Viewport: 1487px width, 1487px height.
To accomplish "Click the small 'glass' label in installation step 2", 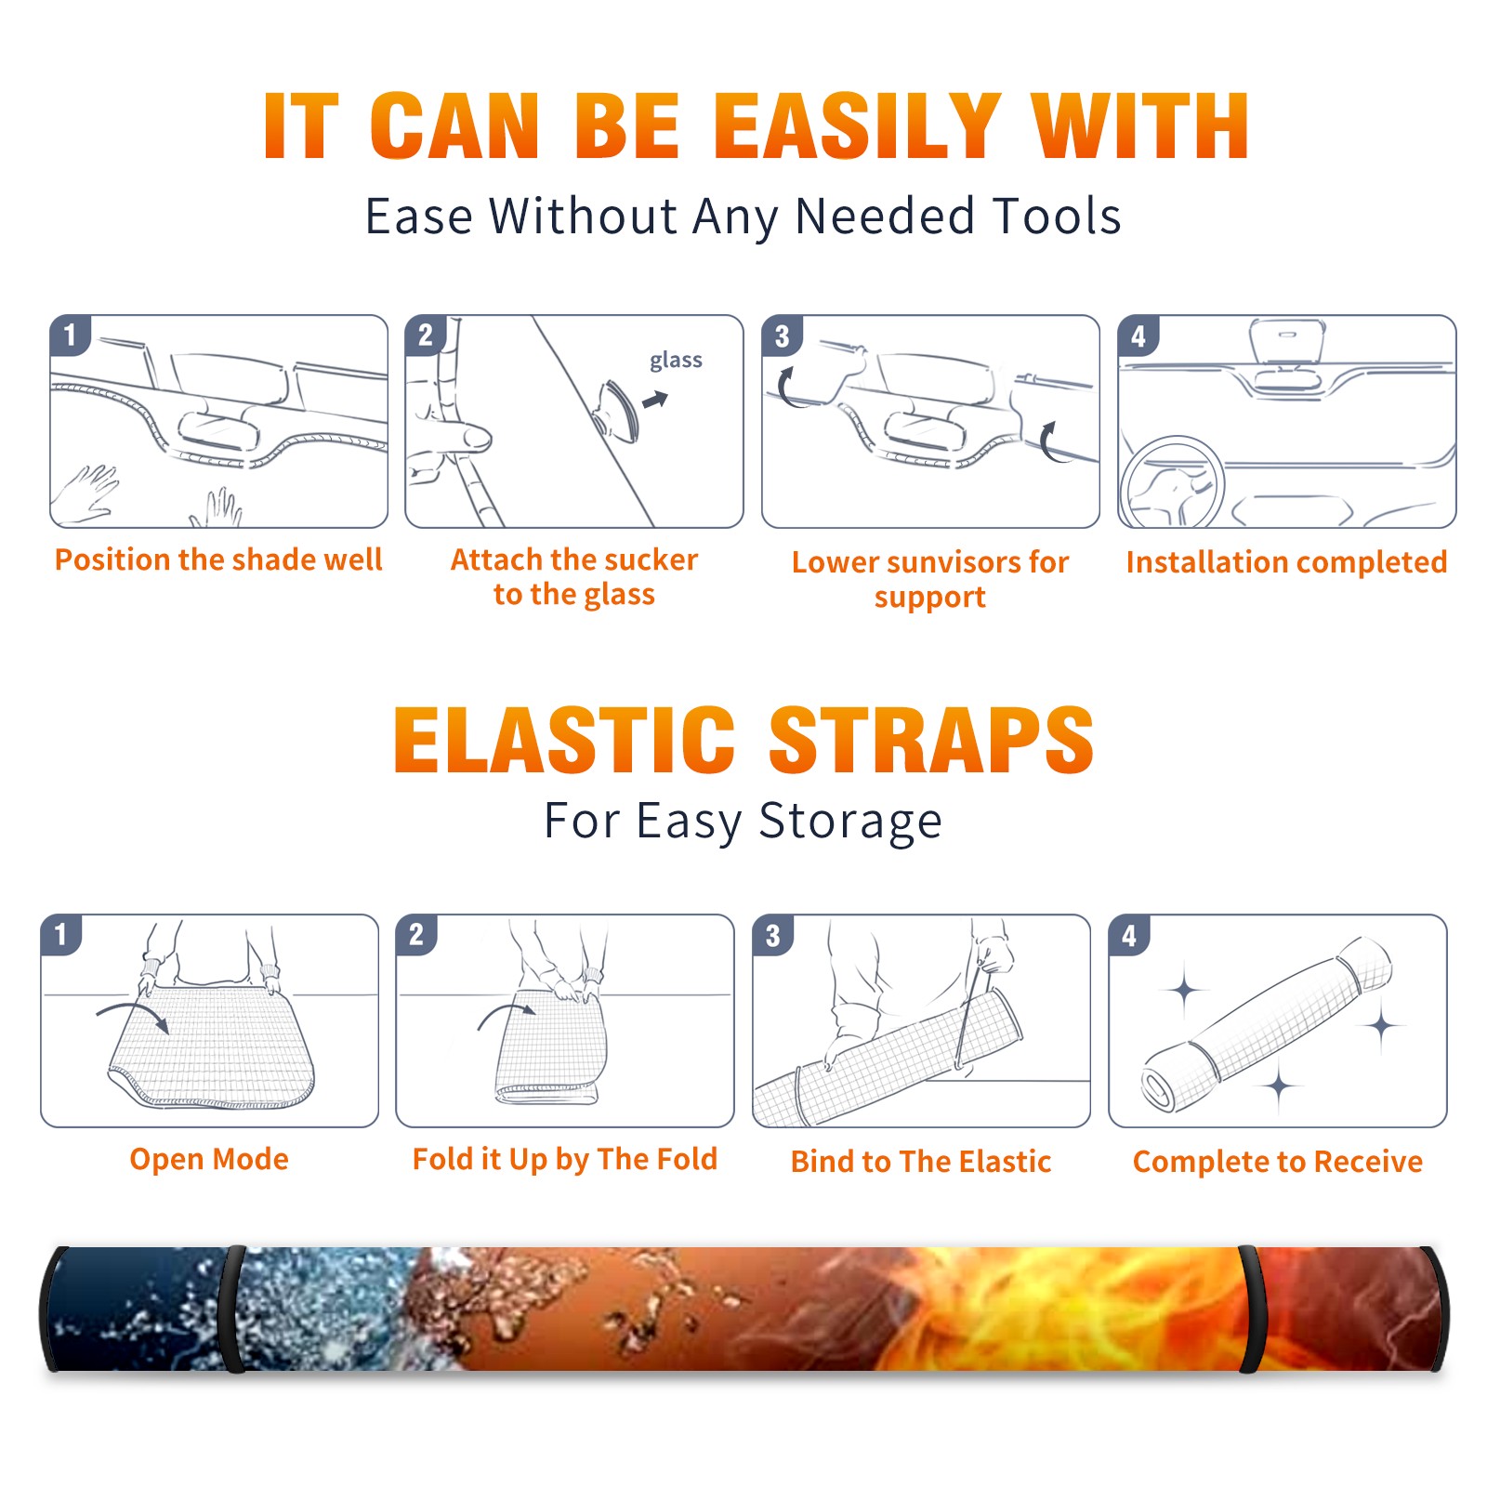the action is pyautogui.click(x=676, y=360).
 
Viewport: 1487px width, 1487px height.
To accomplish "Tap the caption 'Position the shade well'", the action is pyautogui.click(x=218, y=559).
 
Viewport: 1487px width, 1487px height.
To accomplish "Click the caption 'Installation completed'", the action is pyautogui.click(x=1286, y=562).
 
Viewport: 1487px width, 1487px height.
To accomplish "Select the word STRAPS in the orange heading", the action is pyautogui.click(x=931, y=740).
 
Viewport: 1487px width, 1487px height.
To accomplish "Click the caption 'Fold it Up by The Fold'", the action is pyautogui.click(x=565, y=1159).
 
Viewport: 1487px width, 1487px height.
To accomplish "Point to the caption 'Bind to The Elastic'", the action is pyautogui.click(x=921, y=1162).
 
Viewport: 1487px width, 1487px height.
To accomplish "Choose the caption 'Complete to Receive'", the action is pyautogui.click(x=1278, y=1162).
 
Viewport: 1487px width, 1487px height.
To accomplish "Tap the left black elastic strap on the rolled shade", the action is pyautogui.click(x=233, y=1309).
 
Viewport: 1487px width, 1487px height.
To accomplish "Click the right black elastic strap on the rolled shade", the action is pyautogui.click(x=1251, y=1309).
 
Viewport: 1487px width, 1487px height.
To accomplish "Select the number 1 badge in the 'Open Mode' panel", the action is pyautogui.click(x=61, y=935).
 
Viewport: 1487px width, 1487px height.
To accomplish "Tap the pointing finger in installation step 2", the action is pyautogui.click(x=462, y=438).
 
